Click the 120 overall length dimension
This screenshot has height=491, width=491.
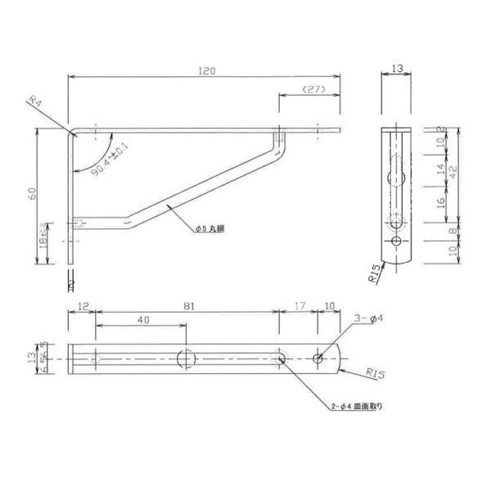pos(206,71)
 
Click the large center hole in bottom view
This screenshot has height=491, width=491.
pos(186,358)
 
